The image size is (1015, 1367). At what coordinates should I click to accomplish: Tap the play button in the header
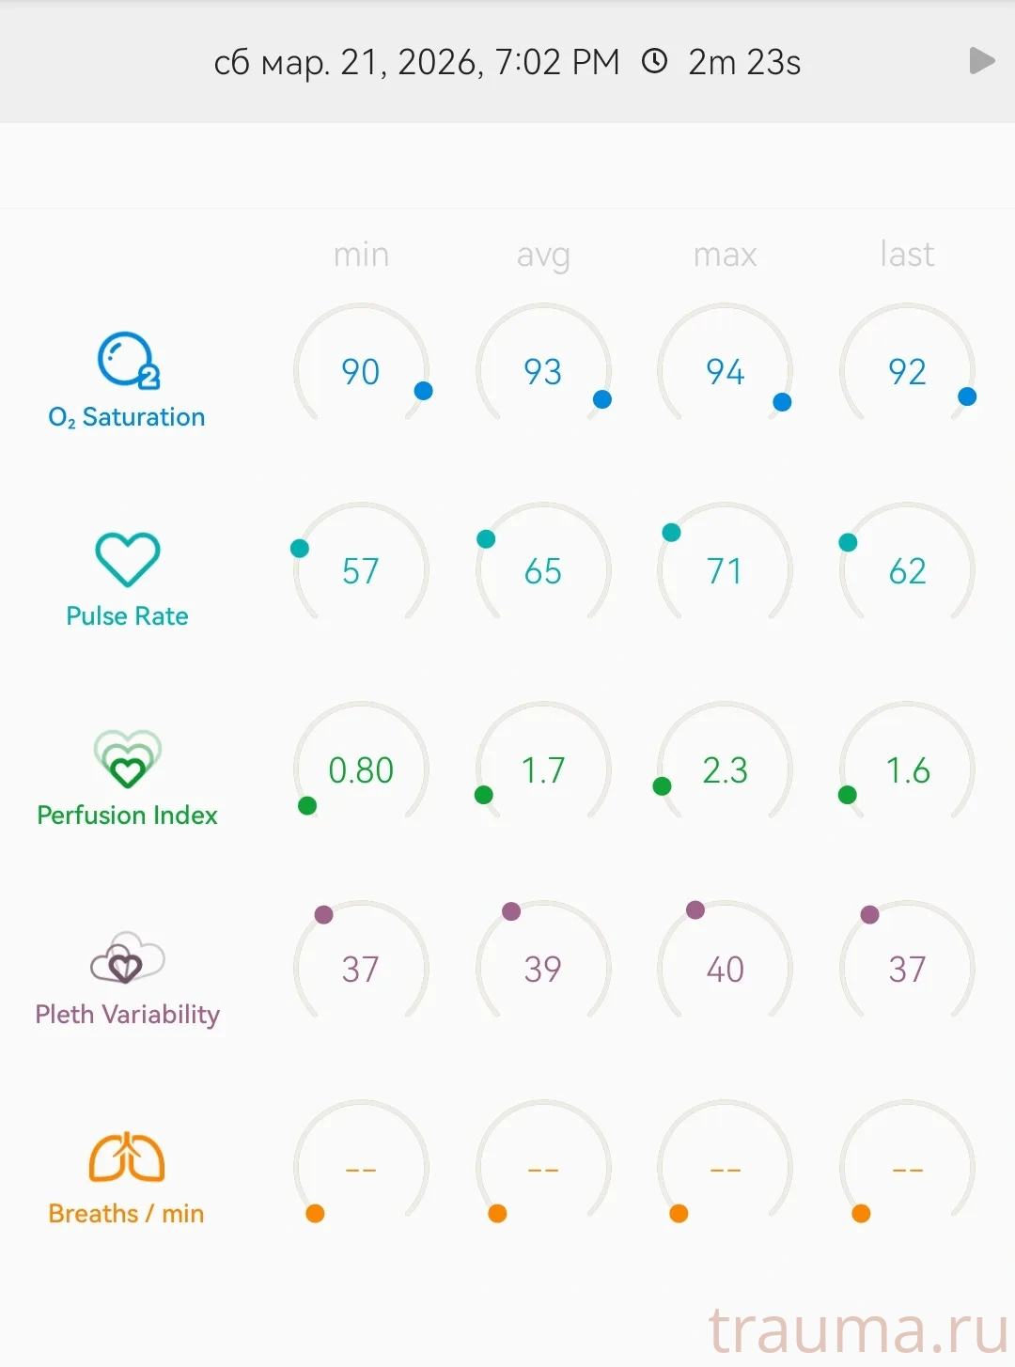click(981, 61)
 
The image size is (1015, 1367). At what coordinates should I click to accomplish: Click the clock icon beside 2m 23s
click(654, 61)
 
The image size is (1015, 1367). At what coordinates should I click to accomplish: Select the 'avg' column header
click(543, 255)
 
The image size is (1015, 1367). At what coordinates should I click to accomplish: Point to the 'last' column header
click(907, 255)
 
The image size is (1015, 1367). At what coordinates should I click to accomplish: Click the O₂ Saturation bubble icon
click(127, 360)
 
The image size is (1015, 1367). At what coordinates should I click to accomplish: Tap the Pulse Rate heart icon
click(127, 559)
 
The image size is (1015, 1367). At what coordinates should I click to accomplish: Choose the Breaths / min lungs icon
click(127, 1157)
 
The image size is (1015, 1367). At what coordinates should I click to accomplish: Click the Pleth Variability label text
click(127, 1015)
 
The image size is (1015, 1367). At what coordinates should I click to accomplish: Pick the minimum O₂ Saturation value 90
click(361, 372)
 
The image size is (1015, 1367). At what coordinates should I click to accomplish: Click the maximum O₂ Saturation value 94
click(725, 372)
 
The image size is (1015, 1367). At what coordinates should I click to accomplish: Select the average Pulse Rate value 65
click(543, 571)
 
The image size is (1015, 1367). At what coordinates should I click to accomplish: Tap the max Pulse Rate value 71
click(725, 571)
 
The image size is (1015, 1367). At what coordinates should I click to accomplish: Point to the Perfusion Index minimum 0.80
click(361, 770)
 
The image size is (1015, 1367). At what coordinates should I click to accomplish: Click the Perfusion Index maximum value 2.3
click(725, 770)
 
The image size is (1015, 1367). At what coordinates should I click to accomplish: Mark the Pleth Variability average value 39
click(543, 970)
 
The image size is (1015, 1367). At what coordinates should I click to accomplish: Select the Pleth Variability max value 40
click(725, 970)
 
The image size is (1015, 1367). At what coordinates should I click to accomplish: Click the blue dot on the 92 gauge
click(967, 396)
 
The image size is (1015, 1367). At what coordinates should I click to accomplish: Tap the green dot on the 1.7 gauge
click(484, 796)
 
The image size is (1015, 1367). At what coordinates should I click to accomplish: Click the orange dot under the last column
click(861, 1214)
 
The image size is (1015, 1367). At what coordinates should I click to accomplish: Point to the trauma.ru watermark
click(857, 1329)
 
